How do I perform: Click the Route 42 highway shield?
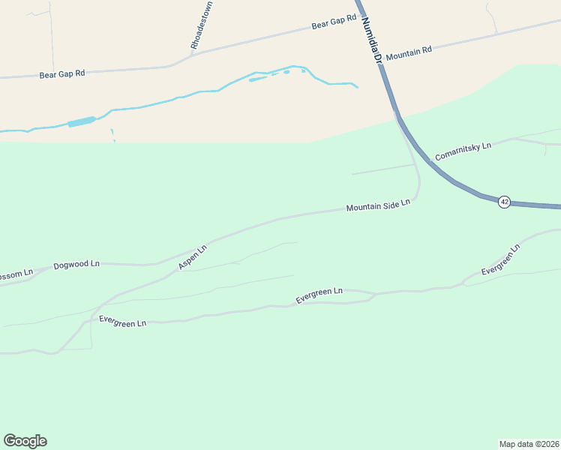(504, 202)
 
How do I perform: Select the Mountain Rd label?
(409, 50)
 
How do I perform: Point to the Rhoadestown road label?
(197, 31)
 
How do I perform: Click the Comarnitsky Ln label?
(463, 151)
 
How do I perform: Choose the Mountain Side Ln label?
(378, 205)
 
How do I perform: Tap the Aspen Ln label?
(192, 257)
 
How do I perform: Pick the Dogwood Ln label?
(76, 265)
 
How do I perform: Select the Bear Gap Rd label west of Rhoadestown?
(62, 73)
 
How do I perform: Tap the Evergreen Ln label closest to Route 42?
(500, 259)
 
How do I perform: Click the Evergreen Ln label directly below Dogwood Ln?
(122, 321)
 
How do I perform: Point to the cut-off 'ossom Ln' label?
(16, 274)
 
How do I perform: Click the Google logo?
(25, 440)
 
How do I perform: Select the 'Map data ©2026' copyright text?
(529, 443)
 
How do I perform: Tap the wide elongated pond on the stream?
(82, 121)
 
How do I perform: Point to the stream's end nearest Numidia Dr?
(357, 87)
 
